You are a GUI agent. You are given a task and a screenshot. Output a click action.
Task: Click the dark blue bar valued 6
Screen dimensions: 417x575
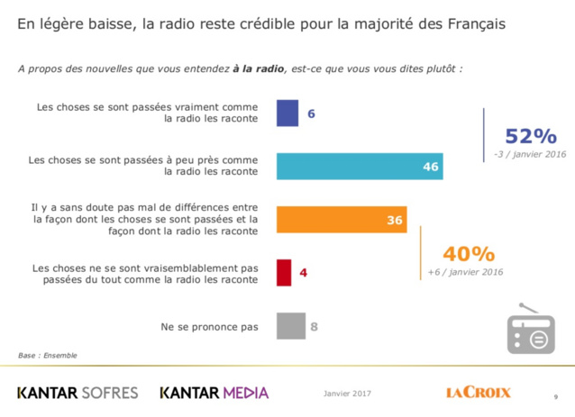coord(287,113)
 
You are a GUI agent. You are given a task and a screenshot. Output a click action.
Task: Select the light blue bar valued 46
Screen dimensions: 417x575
coord(360,167)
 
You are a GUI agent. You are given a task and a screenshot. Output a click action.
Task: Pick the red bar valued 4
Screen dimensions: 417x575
coord(284,271)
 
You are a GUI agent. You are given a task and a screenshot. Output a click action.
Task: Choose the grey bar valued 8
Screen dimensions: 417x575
coord(290,325)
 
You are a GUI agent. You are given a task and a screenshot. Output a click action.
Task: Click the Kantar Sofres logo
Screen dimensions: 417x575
coord(78,393)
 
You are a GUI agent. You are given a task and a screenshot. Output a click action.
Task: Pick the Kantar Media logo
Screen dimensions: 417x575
coord(214,393)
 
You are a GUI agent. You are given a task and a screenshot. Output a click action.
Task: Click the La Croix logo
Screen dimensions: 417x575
coord(478,393)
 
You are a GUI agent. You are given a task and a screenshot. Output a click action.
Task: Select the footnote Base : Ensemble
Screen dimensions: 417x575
coord(47,355)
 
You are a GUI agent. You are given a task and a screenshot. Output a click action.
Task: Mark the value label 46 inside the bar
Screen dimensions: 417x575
coord(430,167)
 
